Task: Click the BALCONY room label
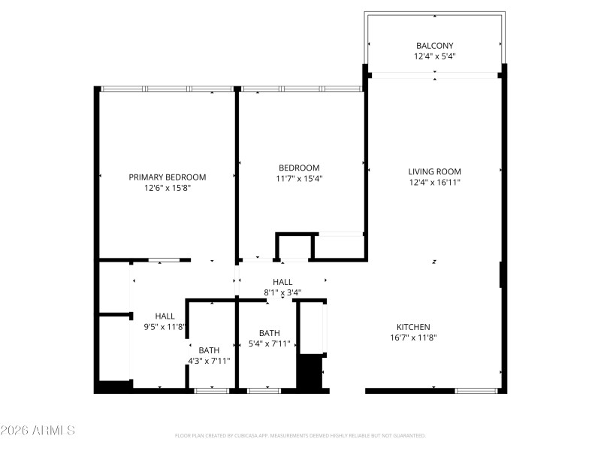[435, 45]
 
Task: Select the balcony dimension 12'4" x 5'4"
[435, 56]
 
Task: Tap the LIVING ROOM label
[434, 171]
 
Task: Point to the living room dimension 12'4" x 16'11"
[434, 182]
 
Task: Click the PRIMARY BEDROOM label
[167, 177]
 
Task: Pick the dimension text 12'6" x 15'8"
[167, 189]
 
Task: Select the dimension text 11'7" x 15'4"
[299, 179]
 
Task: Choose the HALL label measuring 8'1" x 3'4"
[282, 281]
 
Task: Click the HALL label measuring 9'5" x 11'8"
[165, 316]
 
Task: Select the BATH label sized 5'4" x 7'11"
[270, 333]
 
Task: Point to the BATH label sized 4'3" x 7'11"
[209, 350]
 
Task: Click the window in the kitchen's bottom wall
[477, 390]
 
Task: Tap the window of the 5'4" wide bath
[264, 390]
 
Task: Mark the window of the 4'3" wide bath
[210, 390]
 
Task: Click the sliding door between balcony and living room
[435, 75]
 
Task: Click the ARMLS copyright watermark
[38, 431]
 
